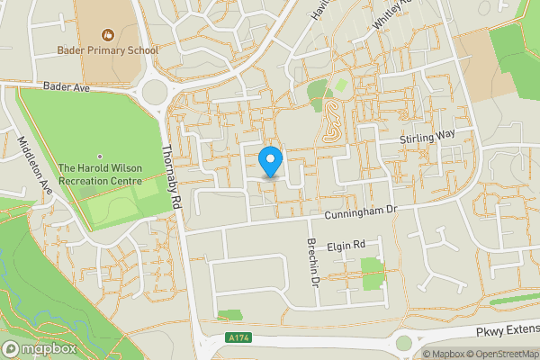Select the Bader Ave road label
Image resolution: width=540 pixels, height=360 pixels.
pyautogui.click(x=66, y=88)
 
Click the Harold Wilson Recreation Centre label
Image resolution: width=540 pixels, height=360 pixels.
pyautogui.click(x=100, y=175)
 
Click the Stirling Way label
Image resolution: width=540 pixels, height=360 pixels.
pyautogui.click(x=430, y=136)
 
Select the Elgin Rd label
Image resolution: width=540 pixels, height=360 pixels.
pyautogui.click(x=345, y=245)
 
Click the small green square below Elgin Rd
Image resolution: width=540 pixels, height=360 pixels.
pyautogui.click(x=372, y=274)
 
